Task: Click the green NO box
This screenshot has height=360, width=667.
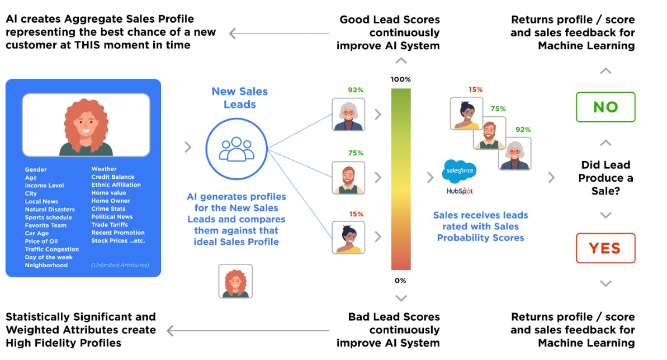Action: click(x=605, y=107)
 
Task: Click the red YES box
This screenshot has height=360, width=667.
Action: click(x=605, y=248)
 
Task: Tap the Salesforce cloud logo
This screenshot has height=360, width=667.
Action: click(x=460, y=170)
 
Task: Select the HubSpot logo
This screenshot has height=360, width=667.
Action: click(x=460, y=191)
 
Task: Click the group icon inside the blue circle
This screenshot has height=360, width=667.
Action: click(x=236, y=149)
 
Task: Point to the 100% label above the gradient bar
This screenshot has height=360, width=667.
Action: click(x=401, y=79)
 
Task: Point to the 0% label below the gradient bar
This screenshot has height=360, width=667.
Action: click(x=400, y=281)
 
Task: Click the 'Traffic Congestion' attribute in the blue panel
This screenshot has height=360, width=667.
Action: click(x=52, y=249)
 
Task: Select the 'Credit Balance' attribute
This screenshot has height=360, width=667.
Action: click(x=113, y=177)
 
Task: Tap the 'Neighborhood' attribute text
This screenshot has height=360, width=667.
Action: click(x=46, y=265)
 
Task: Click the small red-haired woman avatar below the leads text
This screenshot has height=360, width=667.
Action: click(x=235, y=281)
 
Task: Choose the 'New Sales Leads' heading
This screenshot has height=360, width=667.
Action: click(x=239, y=98)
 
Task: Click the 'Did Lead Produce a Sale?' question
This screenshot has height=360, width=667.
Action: click(x=605, y=178)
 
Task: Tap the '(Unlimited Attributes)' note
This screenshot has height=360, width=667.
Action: click(x=120, y=265)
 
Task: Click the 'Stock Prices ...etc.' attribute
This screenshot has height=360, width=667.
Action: click(x=118, y=241)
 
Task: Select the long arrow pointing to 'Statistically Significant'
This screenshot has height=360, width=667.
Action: click(x=248, y=330)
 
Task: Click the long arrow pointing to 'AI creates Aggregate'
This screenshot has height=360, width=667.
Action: click(x=279, y=33)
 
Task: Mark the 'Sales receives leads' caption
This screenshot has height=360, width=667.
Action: click(x=481, y=226)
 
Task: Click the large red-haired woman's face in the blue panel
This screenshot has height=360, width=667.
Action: click(x=86, y=122)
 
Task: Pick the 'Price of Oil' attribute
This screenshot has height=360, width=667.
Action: click(x=41, y=241)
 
